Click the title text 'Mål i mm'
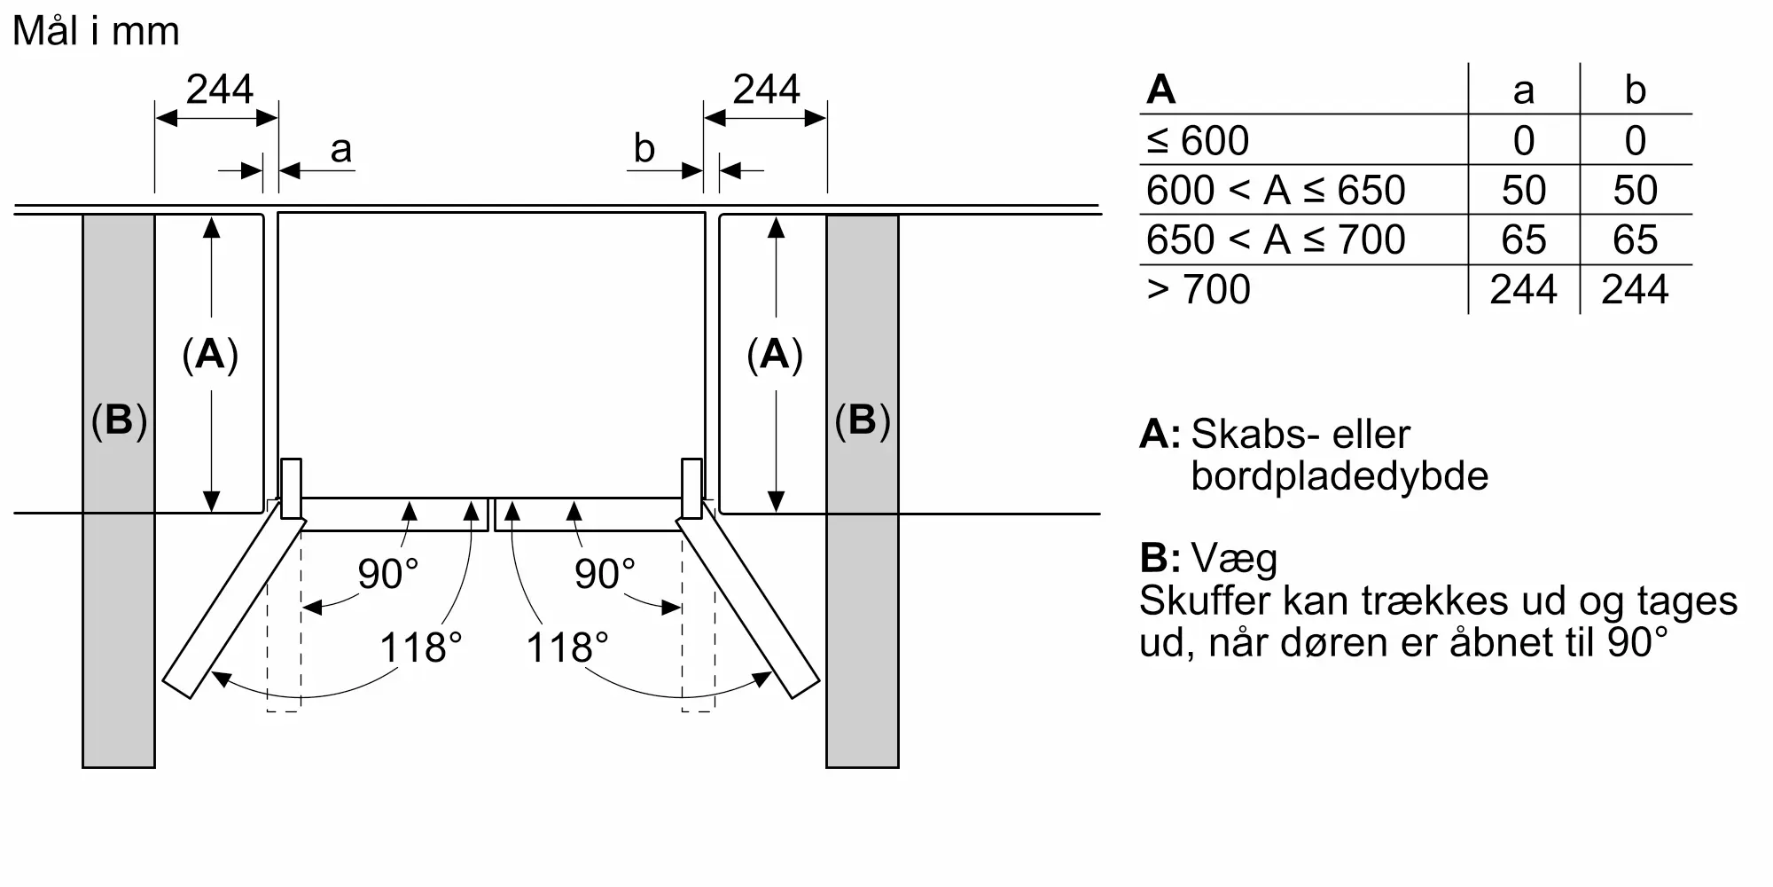pyautogui.click(x=96, y=31)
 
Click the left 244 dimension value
pyautogui.click(x=220, y=90)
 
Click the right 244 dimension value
pyautogui.click(x=767, y=90)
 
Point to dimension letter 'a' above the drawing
pyautogui.click(x=341, y=150)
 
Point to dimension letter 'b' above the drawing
pyautogui.click(x=644, y=148)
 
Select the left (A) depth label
pyautogui.click(x=210, y=355)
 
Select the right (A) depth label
pyautogui.click(x=775, y=355)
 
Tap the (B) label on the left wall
pyautogui.click(x=119, y=420)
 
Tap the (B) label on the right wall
pyautogui.click(x=863, y=420)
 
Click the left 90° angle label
pyautogui.click(x=387, y=574)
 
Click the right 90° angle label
pyautogui.click(x=605, y=574)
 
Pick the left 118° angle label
pyautogui.click(x=421, y=648)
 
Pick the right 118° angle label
pyautogui.click(x=567, y=648)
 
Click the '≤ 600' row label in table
pyautogui.click(x=1198, y=140)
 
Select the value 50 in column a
pyautogui.click(x=1524, y=190)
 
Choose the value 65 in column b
pyautogui.click(x=1636, y=239)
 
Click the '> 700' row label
pyautogui.click(x=1199, y=289)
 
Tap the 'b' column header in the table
pyautogui.click(x=1636, y=90)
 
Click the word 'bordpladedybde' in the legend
pyautogui.click(x=1340, y=476)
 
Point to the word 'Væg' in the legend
pyautogui.click(x=1234, y=559)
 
